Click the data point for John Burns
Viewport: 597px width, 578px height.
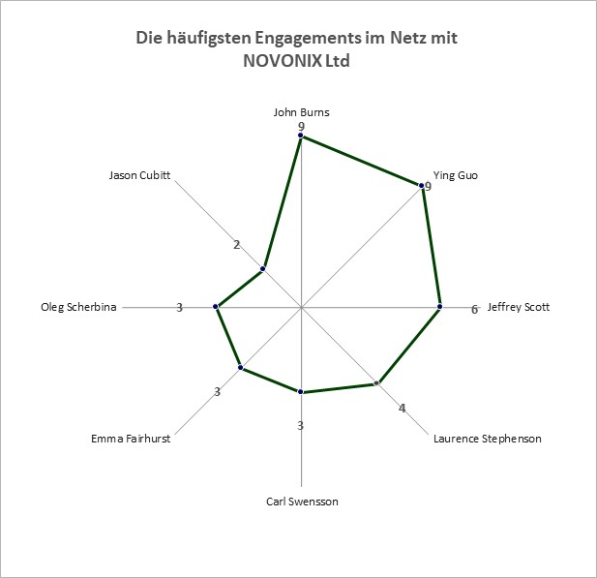301,136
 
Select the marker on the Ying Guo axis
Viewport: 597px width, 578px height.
421,186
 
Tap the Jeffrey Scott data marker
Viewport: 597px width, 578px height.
439,307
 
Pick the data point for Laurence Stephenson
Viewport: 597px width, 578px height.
377,383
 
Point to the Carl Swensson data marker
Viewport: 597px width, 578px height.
301,392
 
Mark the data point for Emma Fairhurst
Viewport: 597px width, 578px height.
240,368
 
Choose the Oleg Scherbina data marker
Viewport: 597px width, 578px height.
216,307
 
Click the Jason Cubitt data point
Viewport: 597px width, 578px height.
262,269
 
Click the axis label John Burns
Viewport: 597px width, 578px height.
301,112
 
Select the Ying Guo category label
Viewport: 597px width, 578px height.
456,175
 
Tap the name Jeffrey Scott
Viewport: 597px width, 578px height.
519,307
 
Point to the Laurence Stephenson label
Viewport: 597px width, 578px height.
488,439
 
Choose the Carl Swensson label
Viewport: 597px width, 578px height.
302,502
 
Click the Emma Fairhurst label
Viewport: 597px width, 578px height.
131,439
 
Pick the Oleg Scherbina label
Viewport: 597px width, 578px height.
78,307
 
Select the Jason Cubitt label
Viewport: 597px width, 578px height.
139,175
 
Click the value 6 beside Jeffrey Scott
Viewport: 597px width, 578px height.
474,310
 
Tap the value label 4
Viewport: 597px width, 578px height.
403,409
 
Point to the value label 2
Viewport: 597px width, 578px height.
237,245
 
